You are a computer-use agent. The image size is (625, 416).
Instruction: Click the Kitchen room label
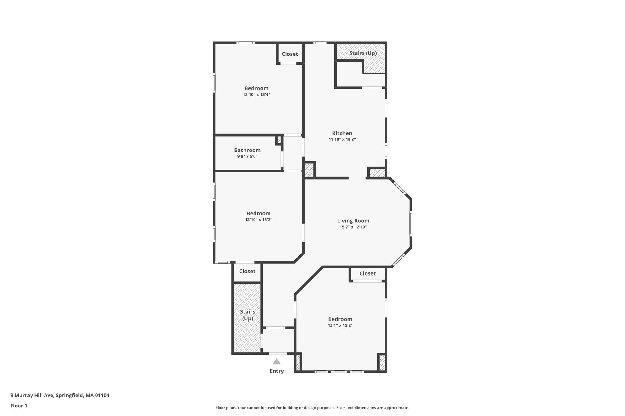click(342, 133)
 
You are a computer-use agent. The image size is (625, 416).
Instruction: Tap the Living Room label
click(353, 221)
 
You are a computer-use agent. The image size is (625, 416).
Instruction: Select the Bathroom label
click(247, 150)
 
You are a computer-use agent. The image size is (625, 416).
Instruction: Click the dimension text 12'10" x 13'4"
click(256, 94)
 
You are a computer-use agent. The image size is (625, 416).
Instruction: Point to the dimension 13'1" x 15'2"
click(340, 325)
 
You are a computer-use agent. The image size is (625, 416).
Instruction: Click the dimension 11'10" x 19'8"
click(342, 140)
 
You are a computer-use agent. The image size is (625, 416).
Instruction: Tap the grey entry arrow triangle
click(276, 362)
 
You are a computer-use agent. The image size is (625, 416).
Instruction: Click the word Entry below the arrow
click(276, 371)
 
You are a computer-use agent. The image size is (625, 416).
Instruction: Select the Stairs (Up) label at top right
click(363, 53)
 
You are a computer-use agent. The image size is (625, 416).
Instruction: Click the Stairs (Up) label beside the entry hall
click(247, 315)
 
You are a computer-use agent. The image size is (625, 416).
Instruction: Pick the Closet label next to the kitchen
click(290, 54)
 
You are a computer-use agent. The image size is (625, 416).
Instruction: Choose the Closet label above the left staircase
click(247, 271)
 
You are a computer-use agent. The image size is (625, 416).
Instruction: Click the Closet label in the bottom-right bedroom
click(367, 273)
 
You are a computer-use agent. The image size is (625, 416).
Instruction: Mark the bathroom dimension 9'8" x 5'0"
click(247, 156)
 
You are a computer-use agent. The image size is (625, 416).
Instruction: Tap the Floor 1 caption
click(19, 406)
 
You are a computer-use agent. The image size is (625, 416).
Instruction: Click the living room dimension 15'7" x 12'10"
click(353, 227)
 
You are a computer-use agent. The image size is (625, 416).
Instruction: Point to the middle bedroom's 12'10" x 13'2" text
click(258, 219)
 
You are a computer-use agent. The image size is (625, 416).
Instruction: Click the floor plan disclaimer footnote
click(312, 408)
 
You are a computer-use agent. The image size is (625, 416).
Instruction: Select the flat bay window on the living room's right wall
click(411, 224)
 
